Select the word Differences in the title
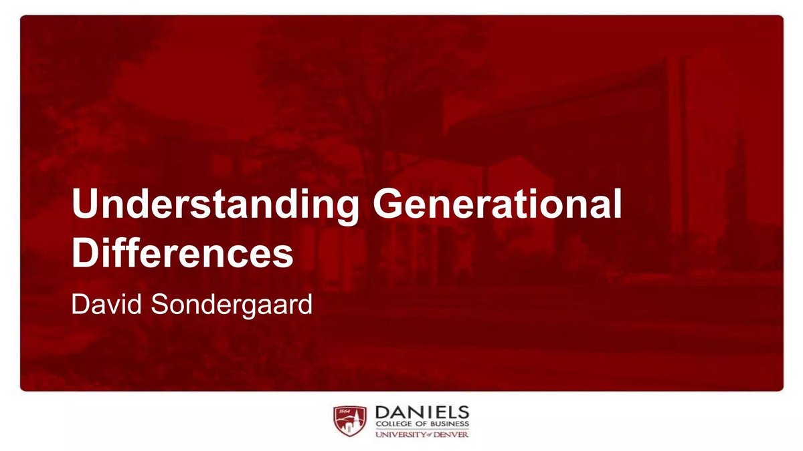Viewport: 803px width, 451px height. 183,254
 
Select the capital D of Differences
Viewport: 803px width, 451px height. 84,254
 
